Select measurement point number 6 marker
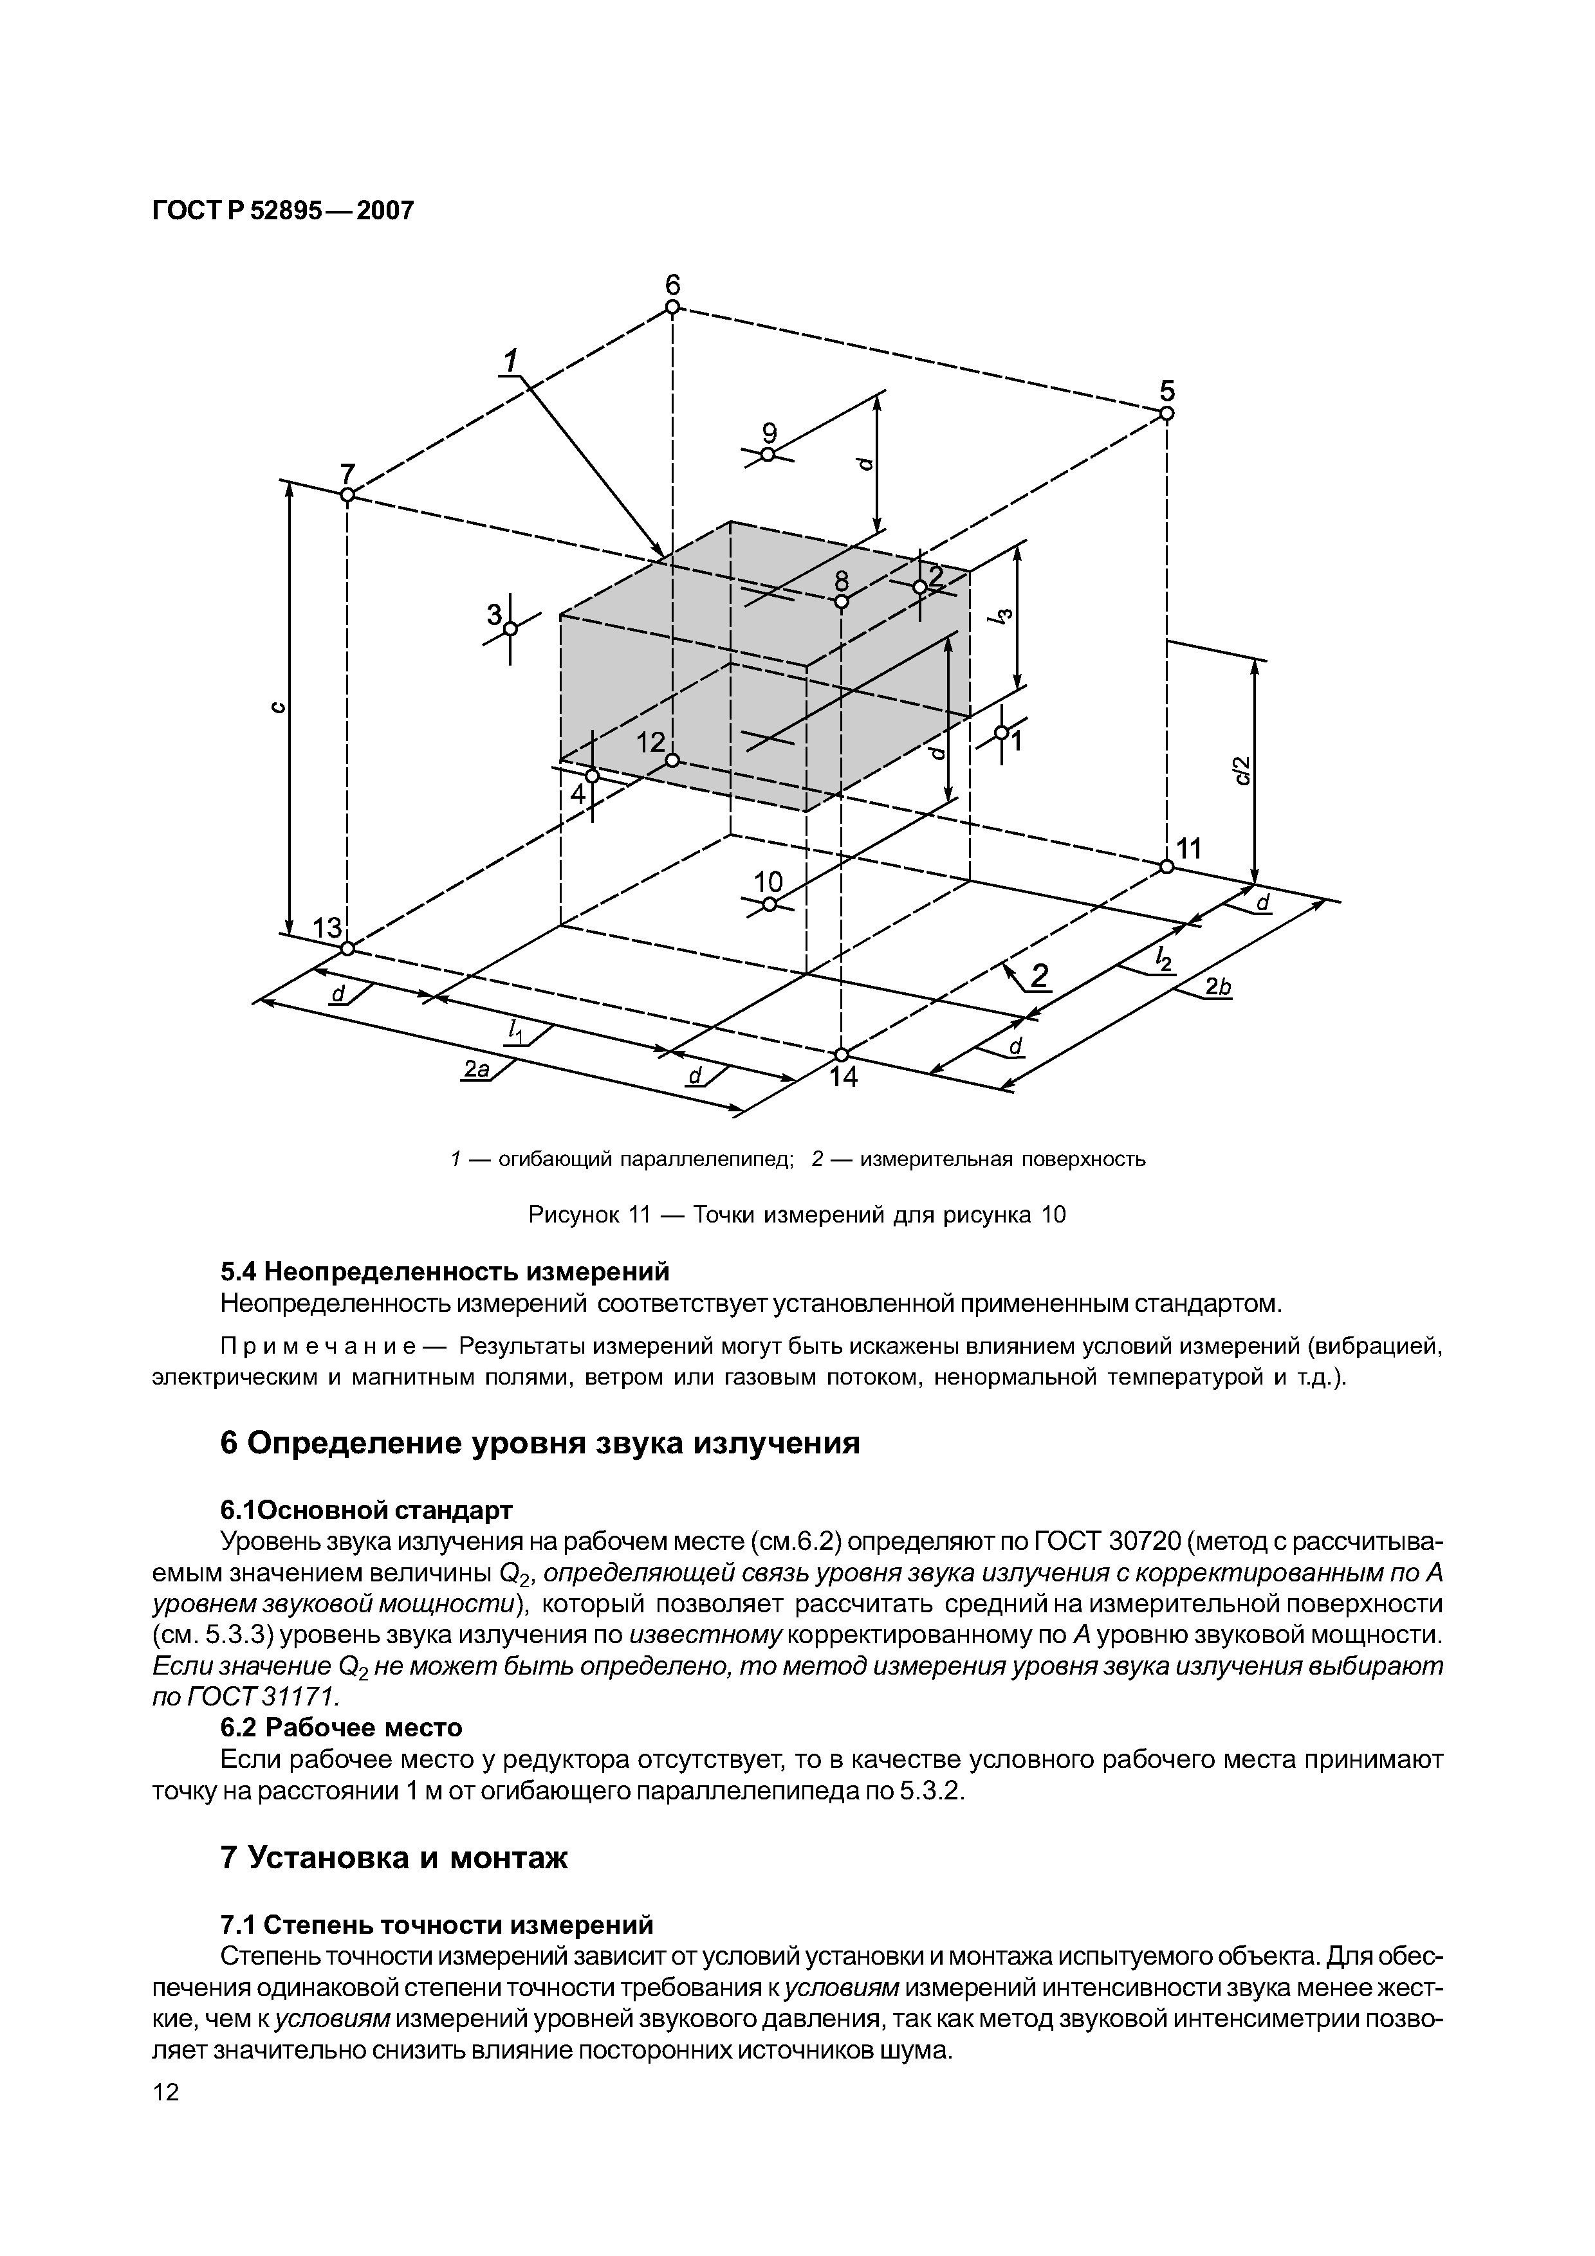[672, 307]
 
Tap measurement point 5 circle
[1166, 414]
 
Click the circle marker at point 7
[347, 495]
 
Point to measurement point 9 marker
[768, 454]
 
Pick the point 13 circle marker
[347, 948]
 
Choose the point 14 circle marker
[841, 1054]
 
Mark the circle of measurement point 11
[1166, 866]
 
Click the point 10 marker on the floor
[770, 905]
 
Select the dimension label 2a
[477, 1069]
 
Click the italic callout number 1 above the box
[510, 361]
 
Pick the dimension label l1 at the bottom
[514, 1030]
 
